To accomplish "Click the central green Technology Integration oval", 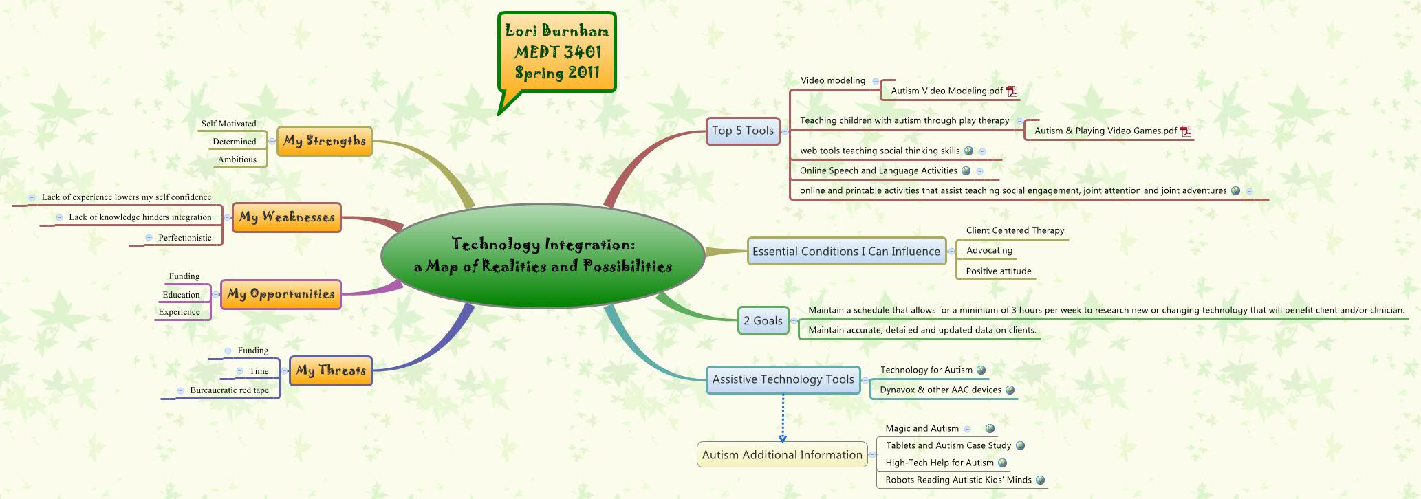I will [543, 255].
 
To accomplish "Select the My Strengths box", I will [324, 141].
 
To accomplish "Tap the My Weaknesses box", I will [286, 217].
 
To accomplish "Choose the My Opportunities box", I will [281, 294].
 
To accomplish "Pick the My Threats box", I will [330, 370].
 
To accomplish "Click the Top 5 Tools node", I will [743, 131].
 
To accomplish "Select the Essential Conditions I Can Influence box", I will [846, 252].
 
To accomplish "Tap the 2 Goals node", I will [763, 320].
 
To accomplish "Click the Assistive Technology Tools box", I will [783, 379].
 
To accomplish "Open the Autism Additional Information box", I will [782, 455].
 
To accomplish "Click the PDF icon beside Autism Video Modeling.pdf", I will [1012, 91].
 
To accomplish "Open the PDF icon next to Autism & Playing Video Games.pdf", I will [1186, 131].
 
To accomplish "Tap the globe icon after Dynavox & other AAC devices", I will [1010, 390].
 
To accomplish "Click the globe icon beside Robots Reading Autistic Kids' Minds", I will [1040, 480].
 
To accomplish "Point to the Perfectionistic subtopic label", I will [185, 238].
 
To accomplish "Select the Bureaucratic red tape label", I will [229, 390].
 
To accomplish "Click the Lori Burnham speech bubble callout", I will [557, 52].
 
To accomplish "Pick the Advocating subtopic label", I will [989, 250].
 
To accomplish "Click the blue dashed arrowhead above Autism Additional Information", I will [783, 438].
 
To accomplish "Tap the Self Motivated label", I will [228, 124].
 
